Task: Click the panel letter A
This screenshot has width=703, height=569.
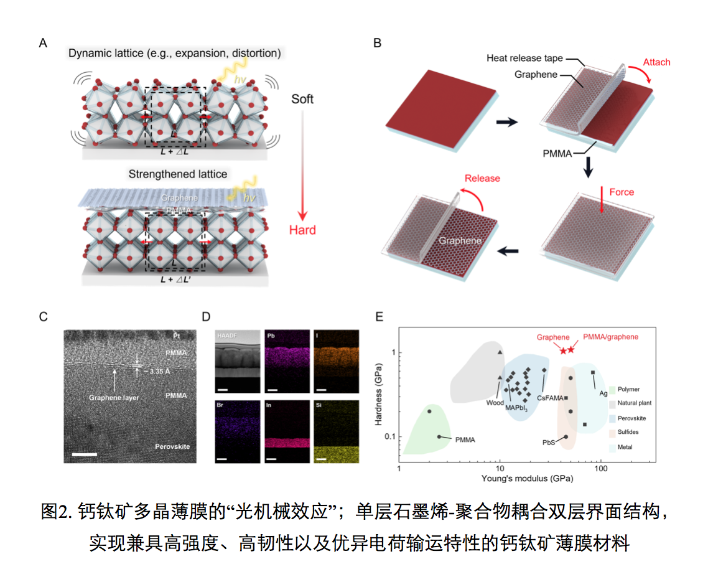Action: point(43,43)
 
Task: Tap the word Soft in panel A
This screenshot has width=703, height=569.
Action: point(302,99)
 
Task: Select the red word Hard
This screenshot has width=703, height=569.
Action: point(302,230)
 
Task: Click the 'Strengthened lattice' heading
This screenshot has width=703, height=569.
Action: point(178,174)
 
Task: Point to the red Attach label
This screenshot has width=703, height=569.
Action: point(656,62)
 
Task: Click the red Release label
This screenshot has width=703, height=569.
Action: point(482,178)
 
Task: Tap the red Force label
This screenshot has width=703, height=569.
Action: point(622,192)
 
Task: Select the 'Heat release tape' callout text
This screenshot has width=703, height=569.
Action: point(524,59)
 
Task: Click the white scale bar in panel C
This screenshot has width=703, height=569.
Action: point(85,454)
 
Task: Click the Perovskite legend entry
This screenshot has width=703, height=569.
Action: point(633,418)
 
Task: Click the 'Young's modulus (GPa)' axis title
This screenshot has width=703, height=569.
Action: point(527,479)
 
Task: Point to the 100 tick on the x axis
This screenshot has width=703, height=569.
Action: point(601,468)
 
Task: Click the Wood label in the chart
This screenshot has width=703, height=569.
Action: point(495,402)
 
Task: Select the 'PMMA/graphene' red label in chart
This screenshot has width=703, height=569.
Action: point(610,337)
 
